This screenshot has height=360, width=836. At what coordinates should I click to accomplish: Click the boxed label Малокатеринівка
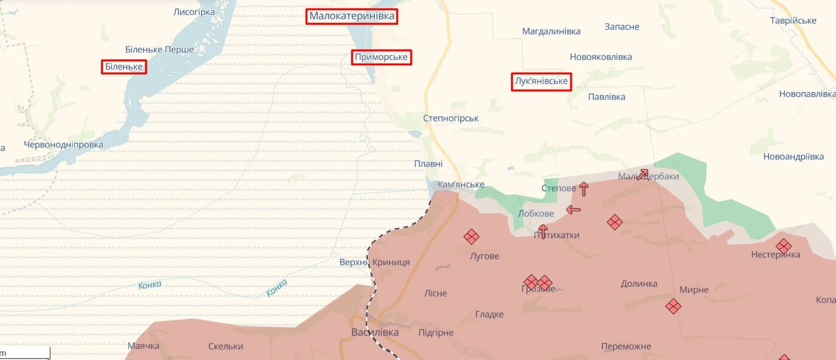coord(352,16)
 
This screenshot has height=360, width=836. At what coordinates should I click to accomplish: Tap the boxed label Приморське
coord(381,57)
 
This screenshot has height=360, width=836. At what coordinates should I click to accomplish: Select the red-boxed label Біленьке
coord(124,67)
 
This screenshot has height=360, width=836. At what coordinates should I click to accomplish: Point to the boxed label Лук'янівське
coord(541,81)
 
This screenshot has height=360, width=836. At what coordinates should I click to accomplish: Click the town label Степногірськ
coord(451,118)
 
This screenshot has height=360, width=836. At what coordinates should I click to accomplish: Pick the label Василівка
coord(375,332)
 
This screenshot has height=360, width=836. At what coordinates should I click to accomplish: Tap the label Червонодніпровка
coord(64,145)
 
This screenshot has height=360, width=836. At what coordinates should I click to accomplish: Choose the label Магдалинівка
coord(551,31)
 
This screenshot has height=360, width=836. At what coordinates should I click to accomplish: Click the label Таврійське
coord(793,21)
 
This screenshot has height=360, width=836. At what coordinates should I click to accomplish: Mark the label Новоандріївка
coord(793,157)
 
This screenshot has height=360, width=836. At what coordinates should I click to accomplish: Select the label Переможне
coord(626,346)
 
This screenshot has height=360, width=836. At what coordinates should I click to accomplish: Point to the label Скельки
coord(226,346)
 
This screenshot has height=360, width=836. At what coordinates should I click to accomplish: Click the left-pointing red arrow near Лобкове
coord(573,210)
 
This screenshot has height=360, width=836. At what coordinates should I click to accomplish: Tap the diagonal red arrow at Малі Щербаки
coord(642,174)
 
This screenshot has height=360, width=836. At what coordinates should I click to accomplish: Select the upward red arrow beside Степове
coord(583,189)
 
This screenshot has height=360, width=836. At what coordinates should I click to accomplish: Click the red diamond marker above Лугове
coord(471,237)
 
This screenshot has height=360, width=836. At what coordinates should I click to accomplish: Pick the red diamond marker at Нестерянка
coord(783,246)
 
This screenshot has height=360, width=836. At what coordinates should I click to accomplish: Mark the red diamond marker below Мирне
coord(673,306)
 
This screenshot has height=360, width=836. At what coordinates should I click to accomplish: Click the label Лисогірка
coord(194,12)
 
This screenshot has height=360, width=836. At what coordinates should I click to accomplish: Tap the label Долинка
coord(639,284)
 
